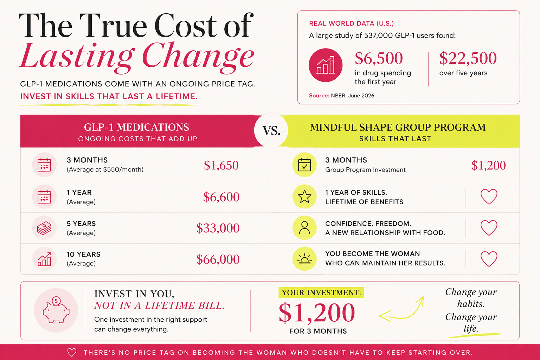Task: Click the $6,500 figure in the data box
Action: click(x=379, y=58)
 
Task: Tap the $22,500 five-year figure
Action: click(x=468, y=58)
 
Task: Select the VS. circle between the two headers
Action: click(x=271, y=130)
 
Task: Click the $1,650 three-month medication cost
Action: click(x=221, y=166)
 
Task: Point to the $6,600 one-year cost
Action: click(x=221, y=197)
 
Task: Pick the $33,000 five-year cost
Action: click(x=218, y=228)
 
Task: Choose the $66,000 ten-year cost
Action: click(x=218, y=259)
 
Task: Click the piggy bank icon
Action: click(x=56, y=310)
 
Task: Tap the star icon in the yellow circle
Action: click(x=304, y=197)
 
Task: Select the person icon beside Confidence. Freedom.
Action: click(x=304, y=227)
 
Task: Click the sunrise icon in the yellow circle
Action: click(x=304, y=259)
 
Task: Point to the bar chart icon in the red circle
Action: click(x=326, y=65)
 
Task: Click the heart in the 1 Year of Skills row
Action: click(x=489, y=197)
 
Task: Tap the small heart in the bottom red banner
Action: click(x=72, y=352)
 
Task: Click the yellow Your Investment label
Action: click(x=321, y=292)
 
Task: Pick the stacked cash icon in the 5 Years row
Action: click(x=44, y=228)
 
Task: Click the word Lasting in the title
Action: click(x=77, y=56)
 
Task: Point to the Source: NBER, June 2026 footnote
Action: click(x=342, y=96)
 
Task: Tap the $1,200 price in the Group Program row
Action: click(x=488, y=166)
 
